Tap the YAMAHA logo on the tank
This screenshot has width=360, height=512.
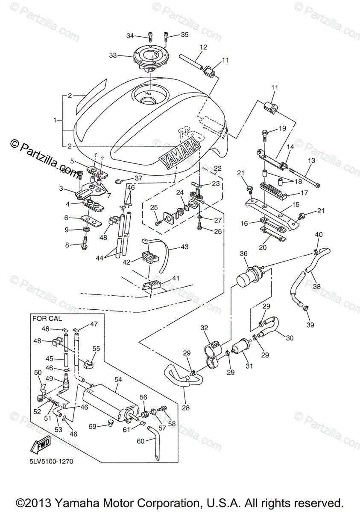pyautogui.click(x=180, y=153)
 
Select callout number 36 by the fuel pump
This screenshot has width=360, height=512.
pyautogui.click(x=243, y=253)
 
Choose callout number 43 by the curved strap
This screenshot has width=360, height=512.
pyautogui.click(x=184, y=247)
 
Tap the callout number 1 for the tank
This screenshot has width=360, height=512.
pyautogui.click(x=55, y=121)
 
